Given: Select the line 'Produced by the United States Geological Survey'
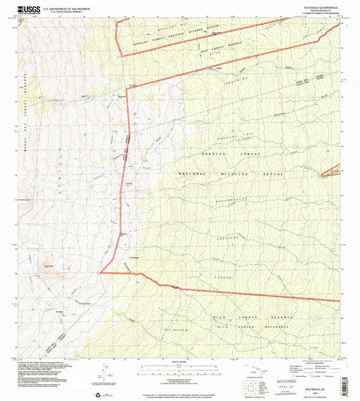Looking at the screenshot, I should pos(39,363).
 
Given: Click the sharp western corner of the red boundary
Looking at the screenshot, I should pos(100,273).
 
